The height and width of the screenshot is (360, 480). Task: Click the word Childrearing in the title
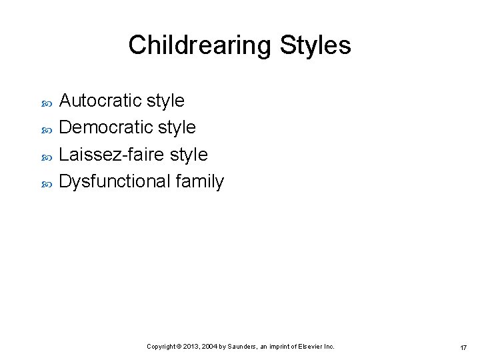coord(200,45)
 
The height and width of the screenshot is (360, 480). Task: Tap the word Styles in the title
coord(315,45)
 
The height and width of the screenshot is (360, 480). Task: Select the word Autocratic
coord(100,101)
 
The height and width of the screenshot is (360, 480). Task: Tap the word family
coord(200,181)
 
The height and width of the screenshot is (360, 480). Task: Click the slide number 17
coord(463,347)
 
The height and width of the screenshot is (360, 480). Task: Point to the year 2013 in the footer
coord(190,347)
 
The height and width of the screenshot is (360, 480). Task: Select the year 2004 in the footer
coord(209,347)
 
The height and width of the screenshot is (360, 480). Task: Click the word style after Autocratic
coord(165,101)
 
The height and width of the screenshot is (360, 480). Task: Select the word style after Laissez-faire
coord(189,155)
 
